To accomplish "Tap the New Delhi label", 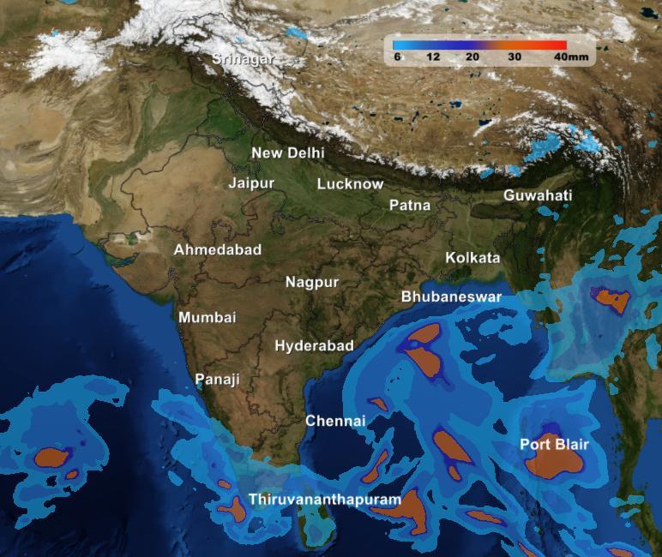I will pos(287,153).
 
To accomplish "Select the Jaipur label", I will pos(251,183).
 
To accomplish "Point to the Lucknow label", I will pos(350,183).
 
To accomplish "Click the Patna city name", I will pos(410,205).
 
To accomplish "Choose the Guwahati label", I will pos(538,195).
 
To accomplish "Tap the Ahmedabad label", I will pos(218,249).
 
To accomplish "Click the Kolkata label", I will pos(472,257).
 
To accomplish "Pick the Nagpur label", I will pos(312,282).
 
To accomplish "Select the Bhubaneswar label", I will pos(451,296).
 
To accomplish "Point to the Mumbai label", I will pos(207,317).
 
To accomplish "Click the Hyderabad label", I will pos(314,345).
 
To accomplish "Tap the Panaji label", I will pos(217,379).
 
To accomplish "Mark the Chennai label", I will pos(335,421).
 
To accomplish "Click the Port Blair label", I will pos(554,444).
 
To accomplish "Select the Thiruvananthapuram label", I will pos(325,499).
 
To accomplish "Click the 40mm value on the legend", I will pos(570,57).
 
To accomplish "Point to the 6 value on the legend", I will pos(398,57).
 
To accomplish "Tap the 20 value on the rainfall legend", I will pos(472,57).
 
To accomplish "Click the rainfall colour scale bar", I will pos(479,45).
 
